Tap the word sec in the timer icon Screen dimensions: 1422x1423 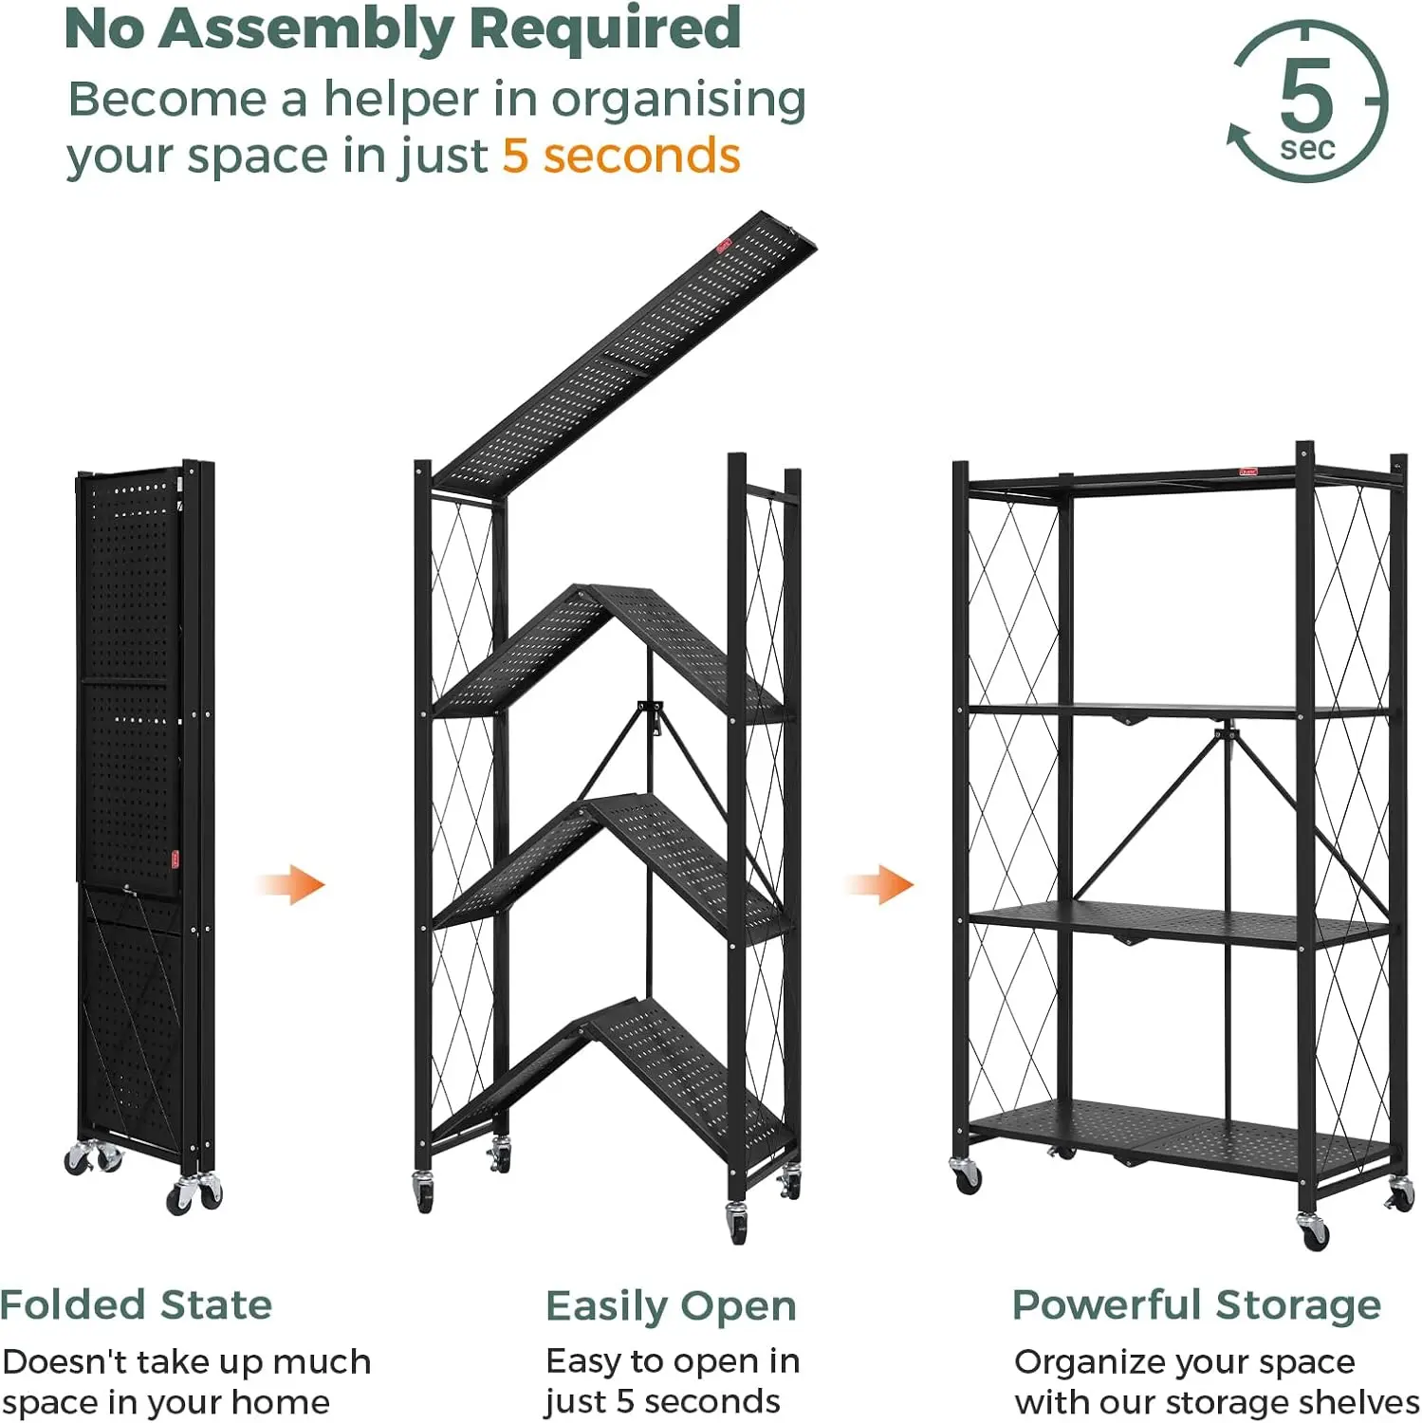[x=1307, y=149]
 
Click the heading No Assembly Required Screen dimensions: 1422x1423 [x=403, y=28]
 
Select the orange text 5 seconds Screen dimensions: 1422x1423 [x=621, y=156]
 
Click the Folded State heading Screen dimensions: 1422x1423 [x=137, y=1305]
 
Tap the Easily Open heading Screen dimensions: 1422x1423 [x=671, y=1307]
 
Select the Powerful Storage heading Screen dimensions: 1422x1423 [x=1196, y=1306]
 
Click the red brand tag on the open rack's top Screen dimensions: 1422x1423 [x=1247, y=471]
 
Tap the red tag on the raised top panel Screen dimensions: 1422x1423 [x=726, y=245]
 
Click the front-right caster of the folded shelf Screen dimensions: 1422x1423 [x=195, y=1194]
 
